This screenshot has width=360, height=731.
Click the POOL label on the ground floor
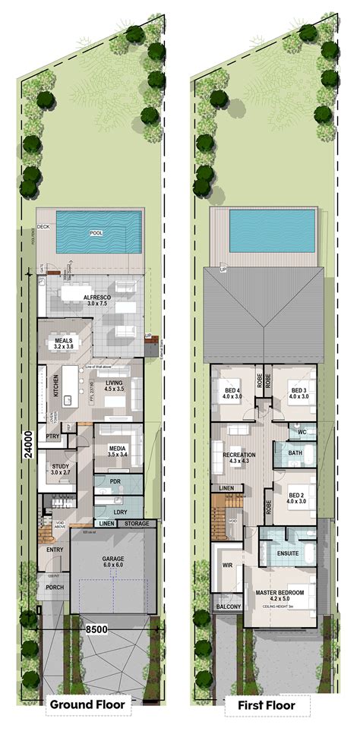(96, 233)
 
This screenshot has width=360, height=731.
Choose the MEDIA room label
(116, 449)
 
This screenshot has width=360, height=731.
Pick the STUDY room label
(60, 469)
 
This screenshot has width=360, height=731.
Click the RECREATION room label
(238, 456)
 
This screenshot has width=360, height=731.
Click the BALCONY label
(228, 607)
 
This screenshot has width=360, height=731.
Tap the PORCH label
(54, 586)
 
